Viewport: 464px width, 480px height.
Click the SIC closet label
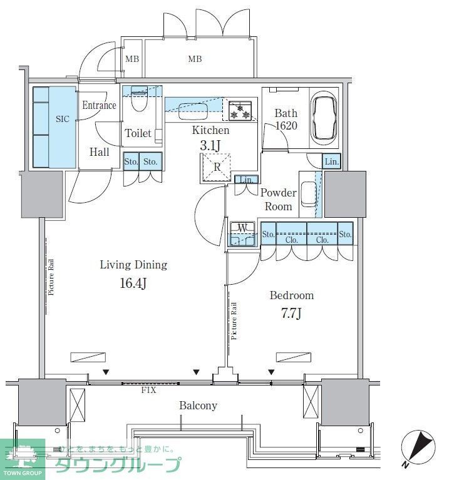pyautogui.click(x=63, y=118)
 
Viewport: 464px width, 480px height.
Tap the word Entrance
pyautogui.click(x=99, y=105)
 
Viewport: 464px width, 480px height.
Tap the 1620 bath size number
pyautogui.click(x=286, y=126)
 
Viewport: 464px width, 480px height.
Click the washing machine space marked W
pyautogui.click(x=242, y=233)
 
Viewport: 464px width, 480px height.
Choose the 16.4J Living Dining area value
pyautogui.click(x=133, y=283)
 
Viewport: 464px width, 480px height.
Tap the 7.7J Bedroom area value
pyautogui.click(x=291, y=314)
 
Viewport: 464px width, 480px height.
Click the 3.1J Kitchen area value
pyautogui.click(x=210, y=145)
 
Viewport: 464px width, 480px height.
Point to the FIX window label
pyautogui.click(x=148, y=390)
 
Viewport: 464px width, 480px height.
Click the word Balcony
pyautogui.click(x=198, y=406)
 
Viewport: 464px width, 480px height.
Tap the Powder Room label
pyautogui.click(x=278, y=200)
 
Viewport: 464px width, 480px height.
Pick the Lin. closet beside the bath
pyautogui.click(x=331, y=161)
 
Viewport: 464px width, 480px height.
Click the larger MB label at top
pyautogui.click(x=195, y=60)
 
